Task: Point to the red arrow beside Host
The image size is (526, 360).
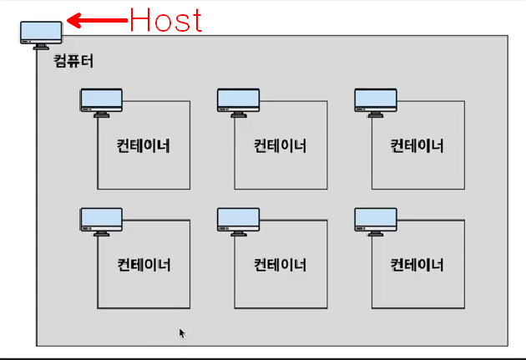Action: pyautogui.click(x=95, y=19)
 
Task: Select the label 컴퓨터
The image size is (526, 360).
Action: pyautogui.click(x=73, y=61)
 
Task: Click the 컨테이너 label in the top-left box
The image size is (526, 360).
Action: pyautogui.click(x=144, y=145)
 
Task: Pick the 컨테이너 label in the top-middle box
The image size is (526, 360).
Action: pyautogui.click(x=280, y=145)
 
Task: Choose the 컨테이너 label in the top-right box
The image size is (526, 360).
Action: pyautogui.click(x=417, y=145)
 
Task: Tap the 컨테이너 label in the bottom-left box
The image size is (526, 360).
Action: pyautogui.click(x=144, y=265)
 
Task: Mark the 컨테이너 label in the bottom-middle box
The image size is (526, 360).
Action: pyautogui.click(x=280, y=265)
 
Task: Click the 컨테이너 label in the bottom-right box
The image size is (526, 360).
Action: pyautogui.click(x=417, y=265)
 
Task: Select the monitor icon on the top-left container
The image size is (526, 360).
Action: pyautogui.click(x=101, y=101)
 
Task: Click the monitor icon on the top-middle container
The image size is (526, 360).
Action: pyautogui.click(x=238, y=101)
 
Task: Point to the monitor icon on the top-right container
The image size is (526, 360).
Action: pyautogui.click(x=375, y=101)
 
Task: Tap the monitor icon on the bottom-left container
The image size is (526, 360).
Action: pyautogui.click(x=101, y=221)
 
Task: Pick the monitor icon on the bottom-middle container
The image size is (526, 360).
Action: pyautogui.click(x=238, y=221)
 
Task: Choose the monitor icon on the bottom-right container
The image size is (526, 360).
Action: pyautogui.click(x=375, y=221)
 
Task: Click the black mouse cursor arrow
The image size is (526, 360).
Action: pyautogui.click(x=182, y=333)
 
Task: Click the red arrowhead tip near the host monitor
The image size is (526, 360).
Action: pyautogui.click(x=68, y=19)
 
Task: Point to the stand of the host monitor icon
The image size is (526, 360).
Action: pyautogui.click(x=41, y=46)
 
